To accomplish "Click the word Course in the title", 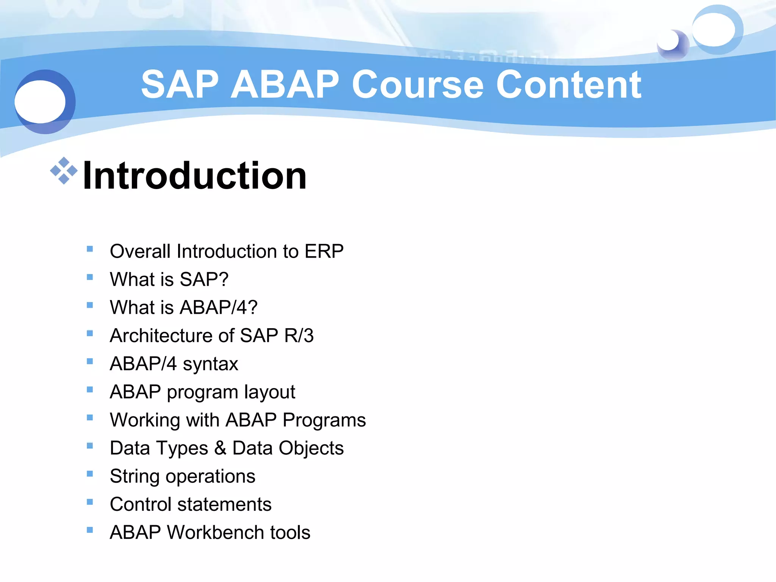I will (418, 85).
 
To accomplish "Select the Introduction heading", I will (194, 175).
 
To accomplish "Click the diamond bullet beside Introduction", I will (64, 171).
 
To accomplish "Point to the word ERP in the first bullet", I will (324, 252).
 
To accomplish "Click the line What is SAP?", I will (169, 280).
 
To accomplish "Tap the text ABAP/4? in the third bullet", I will (219, 307).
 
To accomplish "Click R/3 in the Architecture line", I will (299, 336).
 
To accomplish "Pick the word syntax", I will (210, 364).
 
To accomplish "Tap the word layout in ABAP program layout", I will (269, 392).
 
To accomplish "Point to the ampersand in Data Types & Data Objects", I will (220, 448).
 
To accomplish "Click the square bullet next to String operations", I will (90, 474).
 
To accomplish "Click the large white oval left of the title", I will (40, 102).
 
